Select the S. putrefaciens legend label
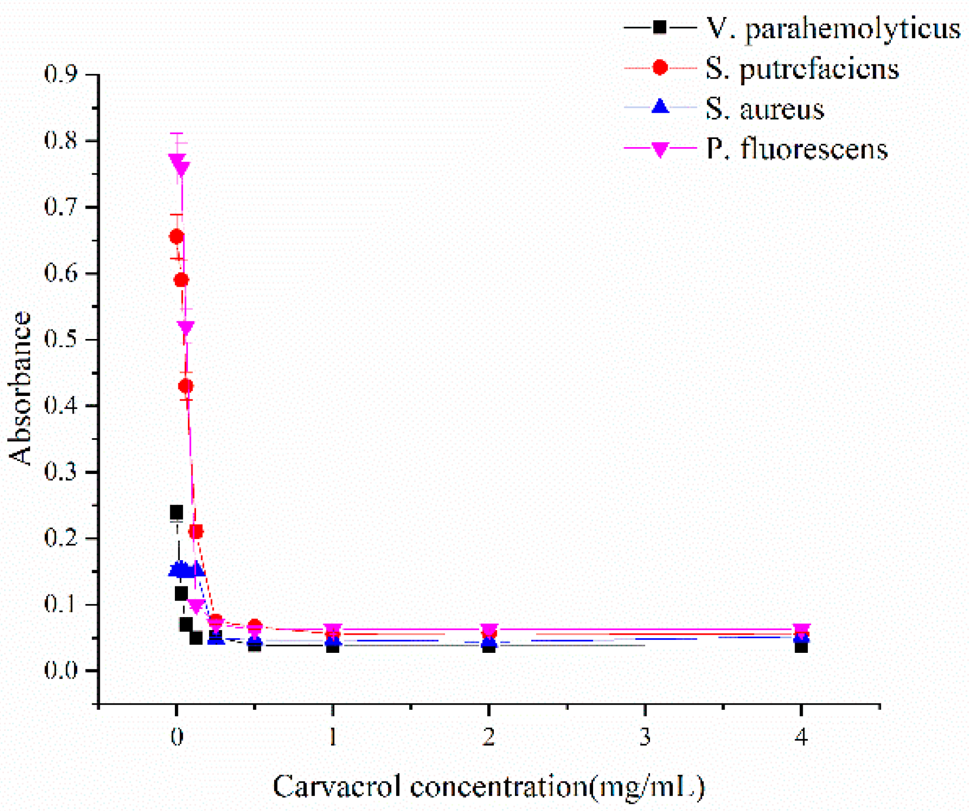(x=802, y=69)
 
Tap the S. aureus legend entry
(x=764, y=109)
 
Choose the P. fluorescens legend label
(x=796, y=149)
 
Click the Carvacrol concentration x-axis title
(x=488, y=786)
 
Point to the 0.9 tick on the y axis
(x=60, y=74)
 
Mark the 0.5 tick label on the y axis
(x=60, y=339)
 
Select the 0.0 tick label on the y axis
(x=60, y=670)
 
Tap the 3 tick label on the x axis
(x=644, y=737)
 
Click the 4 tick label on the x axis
(x=801, y=737)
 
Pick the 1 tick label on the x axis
(x=332, y=737)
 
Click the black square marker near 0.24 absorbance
(x=176, y=512)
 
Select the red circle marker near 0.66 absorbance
(x=176, y=236)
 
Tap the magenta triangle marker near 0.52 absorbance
(x=185, y=327)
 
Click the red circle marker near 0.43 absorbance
(x=185, y=386)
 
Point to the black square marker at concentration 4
(x=801, y=646)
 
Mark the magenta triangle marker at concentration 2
(x=488, y=630)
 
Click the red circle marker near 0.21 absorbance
(x=196, y=531)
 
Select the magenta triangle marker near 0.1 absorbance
(x=196, y=606)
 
